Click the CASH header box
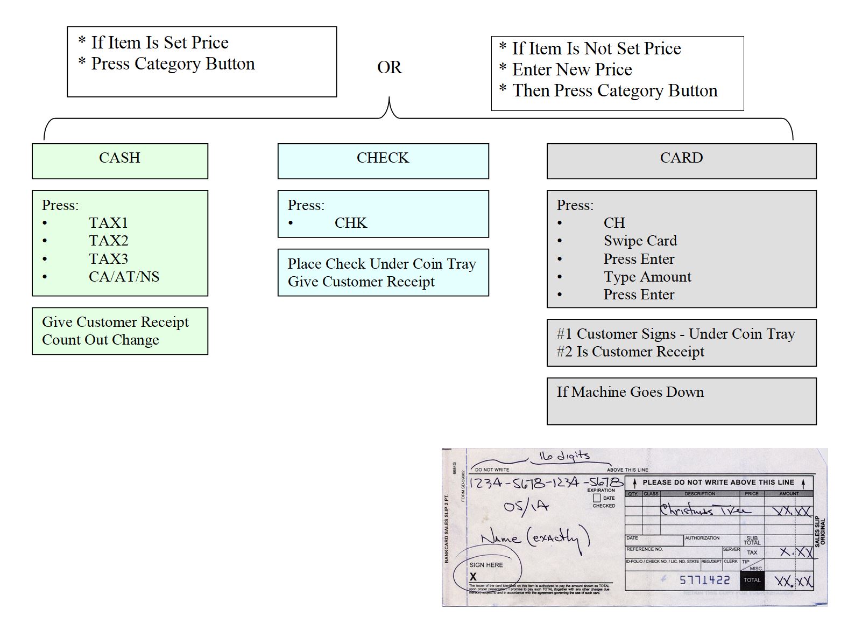pyautogui.click(x=119, y=160)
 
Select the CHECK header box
pyautogui.click(x=383, y=160)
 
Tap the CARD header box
pyautogui.click(x=681, y=160)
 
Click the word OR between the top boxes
pyautogui.click(x=389, y=68)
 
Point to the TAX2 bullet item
pyautogui.click(x=108, y=241)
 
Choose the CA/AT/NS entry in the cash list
pyautogui.click(x=124, y=277)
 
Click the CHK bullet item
pyautogui.click(x=350, y=223)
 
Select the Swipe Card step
pyautogui.click(x=640, y=241)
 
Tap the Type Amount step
pyautogui.click(x=647, y=277)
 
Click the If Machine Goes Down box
pyautogui.click(x=681, y=401)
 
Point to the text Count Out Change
pyautogui.click(x=101, y=340)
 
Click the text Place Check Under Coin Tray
pyautogui.click(x=381, y=264)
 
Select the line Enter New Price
pyautogui.click(x=571, y=69)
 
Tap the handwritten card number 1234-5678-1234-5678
pyautogui.click(x=546, y=482)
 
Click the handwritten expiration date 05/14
pyautogui.click(x=526, y=506)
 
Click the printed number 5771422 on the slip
pyautogui.click(x=704, y=580)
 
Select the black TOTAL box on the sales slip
pyautogui.click(x=752, y=580)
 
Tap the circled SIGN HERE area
pyautogui.click(x=487, y=570)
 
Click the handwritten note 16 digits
pyautogui.click(x=564, y=457)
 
